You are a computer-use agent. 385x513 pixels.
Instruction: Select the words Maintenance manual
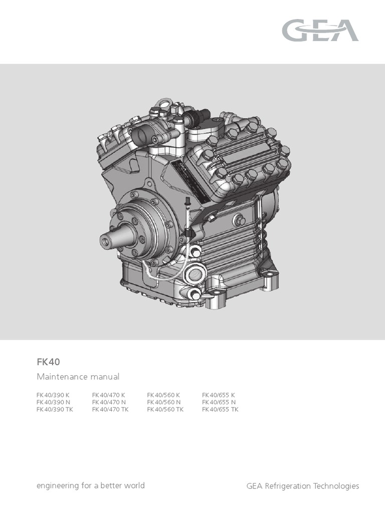(x=78, y=376)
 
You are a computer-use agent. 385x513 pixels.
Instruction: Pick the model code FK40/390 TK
(x=55, y=409)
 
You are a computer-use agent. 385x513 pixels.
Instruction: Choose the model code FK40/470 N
(x=109, y=402)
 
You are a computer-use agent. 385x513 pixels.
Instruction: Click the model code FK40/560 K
(x=164, y=395)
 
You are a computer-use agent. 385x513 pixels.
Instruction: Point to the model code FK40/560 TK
(x=165, y=409)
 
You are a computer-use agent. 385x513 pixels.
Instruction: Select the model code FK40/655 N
(x=219, y=402)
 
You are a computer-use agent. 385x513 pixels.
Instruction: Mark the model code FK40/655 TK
(x=221, y=409)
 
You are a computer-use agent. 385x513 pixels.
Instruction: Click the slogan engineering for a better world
(x=91, y=485)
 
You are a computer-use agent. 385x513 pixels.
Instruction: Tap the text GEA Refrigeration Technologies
(x=303, y=486)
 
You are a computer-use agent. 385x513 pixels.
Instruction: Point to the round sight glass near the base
(x=195, y=275)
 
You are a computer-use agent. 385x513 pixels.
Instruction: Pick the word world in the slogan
(x=134, y=485)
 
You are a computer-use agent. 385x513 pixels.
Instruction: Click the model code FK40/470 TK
(x=111, y=409)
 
